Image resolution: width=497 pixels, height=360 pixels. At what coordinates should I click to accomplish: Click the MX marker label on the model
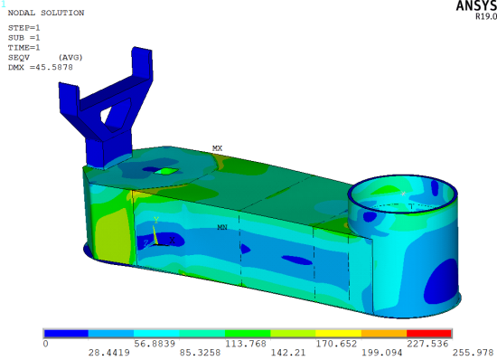click(217, 148)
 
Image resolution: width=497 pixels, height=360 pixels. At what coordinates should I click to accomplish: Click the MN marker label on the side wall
click(222, 227)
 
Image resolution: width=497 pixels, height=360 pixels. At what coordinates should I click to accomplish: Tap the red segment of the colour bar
click(429, 334)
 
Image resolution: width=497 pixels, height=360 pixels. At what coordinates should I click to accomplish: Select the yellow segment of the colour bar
click(339, 334)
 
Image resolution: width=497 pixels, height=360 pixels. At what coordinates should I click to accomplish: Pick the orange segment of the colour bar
click(384, 334)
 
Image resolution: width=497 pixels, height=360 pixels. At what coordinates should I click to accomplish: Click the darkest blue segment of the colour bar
click(66, 334)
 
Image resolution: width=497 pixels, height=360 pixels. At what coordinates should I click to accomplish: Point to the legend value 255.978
click(473, 353)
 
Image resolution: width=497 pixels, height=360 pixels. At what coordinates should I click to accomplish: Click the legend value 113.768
click(245, 344)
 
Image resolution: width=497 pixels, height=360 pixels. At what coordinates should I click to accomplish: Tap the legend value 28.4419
click(108, 353)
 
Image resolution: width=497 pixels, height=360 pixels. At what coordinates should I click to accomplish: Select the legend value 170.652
click(336, 344)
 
